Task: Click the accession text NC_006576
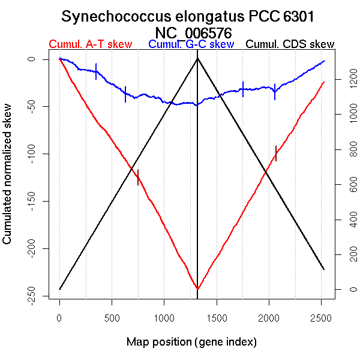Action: point(193,32)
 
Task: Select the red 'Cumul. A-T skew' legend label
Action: point(90,44)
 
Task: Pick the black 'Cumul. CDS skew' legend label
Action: point(290,44)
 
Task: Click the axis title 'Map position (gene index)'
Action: point(191,342)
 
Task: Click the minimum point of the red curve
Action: point(197,289)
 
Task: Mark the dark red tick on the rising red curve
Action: point(276,153)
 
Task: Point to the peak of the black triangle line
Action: point(197,58)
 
